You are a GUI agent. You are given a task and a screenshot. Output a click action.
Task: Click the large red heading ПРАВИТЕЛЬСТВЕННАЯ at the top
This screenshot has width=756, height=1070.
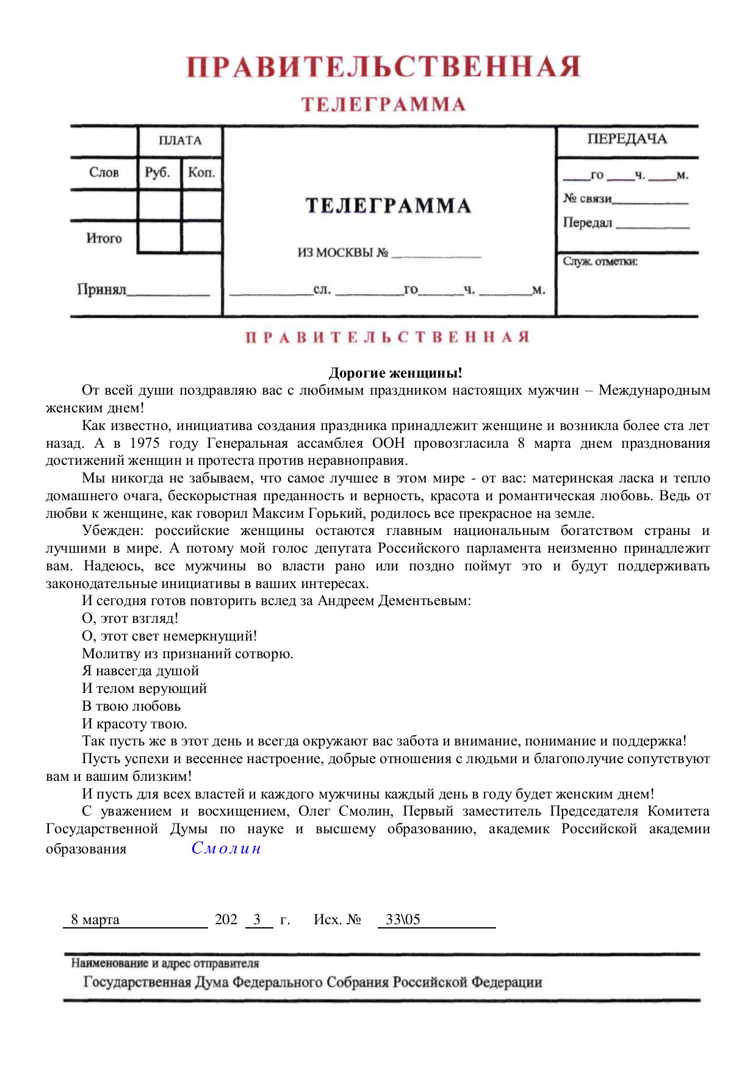point(383,66)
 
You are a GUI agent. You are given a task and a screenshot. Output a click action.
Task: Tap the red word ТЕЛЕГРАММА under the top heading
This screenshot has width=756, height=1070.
point(383,104)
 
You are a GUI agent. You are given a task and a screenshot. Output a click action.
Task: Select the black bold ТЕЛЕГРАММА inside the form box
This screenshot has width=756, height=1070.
point(388,206)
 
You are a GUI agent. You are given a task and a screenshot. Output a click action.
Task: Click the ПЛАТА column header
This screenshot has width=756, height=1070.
point(180,140)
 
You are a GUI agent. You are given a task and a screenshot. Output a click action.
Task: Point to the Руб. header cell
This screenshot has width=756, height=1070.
point(157,173)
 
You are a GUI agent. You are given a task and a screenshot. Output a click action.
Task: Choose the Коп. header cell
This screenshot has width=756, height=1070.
point(201,173)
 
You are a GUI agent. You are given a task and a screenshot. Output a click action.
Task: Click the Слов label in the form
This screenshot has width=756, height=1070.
point(104,173)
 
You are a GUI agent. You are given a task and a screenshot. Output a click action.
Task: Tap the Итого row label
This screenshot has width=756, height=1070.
point(104,239)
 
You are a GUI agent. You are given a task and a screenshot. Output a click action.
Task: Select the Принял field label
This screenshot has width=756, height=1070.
point(101,289)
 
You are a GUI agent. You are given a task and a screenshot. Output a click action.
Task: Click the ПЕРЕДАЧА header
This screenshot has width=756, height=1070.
point(627,139)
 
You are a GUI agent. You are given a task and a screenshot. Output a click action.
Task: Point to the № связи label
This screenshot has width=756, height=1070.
point(587,199)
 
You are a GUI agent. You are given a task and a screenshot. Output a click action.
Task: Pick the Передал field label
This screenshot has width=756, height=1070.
point(587,223)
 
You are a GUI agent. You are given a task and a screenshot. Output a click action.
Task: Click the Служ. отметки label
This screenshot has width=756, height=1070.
point(600,262)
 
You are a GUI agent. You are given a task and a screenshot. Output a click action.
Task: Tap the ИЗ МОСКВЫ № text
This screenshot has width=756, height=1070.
point(342,253)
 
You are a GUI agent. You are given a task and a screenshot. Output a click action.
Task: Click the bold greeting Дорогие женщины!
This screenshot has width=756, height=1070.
point(395,373)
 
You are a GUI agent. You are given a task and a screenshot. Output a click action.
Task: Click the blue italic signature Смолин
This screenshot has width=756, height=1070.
point(226,848)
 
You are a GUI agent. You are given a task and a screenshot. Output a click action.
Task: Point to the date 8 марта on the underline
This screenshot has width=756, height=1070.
point(95,919)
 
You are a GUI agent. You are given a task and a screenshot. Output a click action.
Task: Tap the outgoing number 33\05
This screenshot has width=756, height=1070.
point(403,919)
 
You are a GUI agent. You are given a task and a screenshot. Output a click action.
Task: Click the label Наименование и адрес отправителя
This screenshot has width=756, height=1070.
point(165,963)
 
